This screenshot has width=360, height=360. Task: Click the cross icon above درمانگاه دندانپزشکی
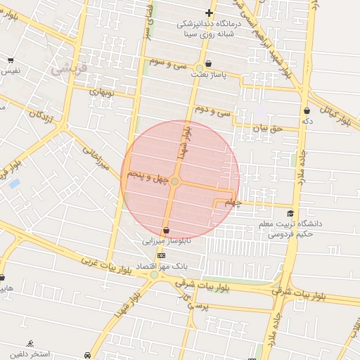(x=209, y=13)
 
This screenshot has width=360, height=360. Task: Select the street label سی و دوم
(x=213, y=110)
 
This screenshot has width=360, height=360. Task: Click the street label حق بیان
(x=266, y=129)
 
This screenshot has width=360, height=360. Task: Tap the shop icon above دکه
(x=307, y=110)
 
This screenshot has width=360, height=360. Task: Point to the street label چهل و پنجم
(x=148, y=175)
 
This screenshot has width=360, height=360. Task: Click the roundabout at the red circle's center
(x=175, y=182)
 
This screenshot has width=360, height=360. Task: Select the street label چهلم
(x=232, y=202)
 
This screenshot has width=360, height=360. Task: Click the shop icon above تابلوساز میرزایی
(x=166, y=230)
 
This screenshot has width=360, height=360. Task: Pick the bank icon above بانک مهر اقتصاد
(x=162, y=255)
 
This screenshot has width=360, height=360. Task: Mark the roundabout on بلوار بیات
(x=154, y=275)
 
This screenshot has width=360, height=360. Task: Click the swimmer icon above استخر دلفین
(x=30, y=343)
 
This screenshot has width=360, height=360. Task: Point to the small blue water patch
(x=14, y=184)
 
